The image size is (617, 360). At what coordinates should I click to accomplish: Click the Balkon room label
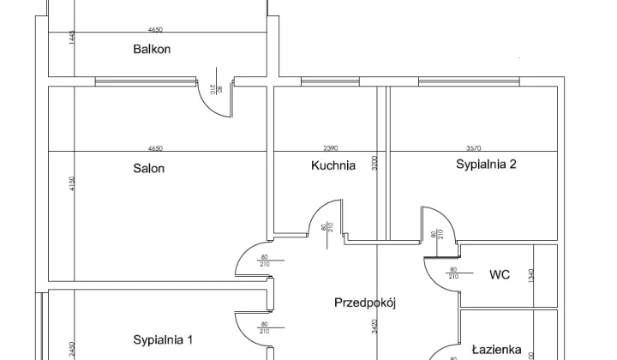tap(152, 49)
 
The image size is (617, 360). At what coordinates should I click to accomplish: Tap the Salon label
tap(148, 168)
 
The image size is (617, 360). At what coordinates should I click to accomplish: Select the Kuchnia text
tap(332, 166)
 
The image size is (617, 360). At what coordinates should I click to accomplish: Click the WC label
tap(500, 275)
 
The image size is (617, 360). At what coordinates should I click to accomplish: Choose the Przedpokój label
tap(368, 303)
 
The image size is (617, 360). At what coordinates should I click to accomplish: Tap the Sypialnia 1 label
tap(163, 340)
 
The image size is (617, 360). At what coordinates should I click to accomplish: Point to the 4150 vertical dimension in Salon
tap(73, 185)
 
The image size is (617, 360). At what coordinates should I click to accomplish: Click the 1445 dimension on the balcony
tap(73, 39)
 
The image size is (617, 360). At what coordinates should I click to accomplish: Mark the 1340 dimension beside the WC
tap(532, 275)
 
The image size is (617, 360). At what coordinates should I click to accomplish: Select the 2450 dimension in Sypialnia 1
tap(73, 349)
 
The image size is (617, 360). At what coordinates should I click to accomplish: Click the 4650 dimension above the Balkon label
tap(155, 29)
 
